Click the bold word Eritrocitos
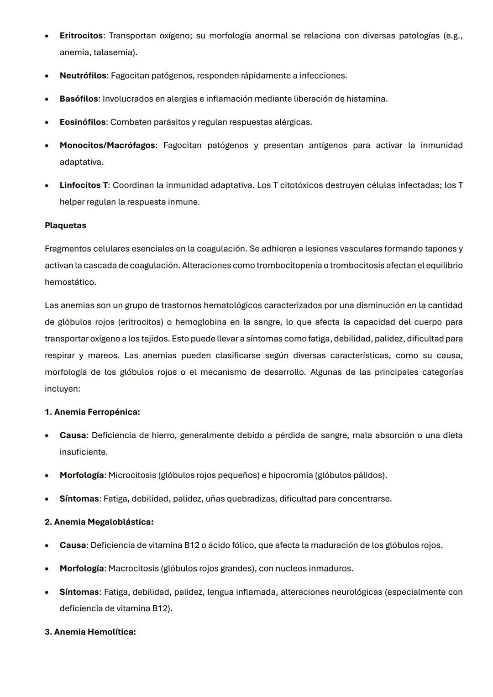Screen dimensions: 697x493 point(81,36)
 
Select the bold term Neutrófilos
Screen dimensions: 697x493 point(83,75)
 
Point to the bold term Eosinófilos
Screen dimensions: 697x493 point(83,122)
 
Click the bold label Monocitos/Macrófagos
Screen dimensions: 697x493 point(107,145)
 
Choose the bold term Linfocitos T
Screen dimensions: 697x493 point(84,185)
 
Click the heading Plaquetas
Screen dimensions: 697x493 point(65,225)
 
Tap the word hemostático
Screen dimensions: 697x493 point(70,282)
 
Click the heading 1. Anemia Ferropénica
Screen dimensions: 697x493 point(92,412)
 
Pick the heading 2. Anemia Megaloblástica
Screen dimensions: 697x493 point(99,522)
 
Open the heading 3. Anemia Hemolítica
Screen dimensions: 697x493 point(90,632)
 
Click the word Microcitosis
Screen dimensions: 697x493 point(132,475)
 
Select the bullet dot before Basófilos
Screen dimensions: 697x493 point(47,99)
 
